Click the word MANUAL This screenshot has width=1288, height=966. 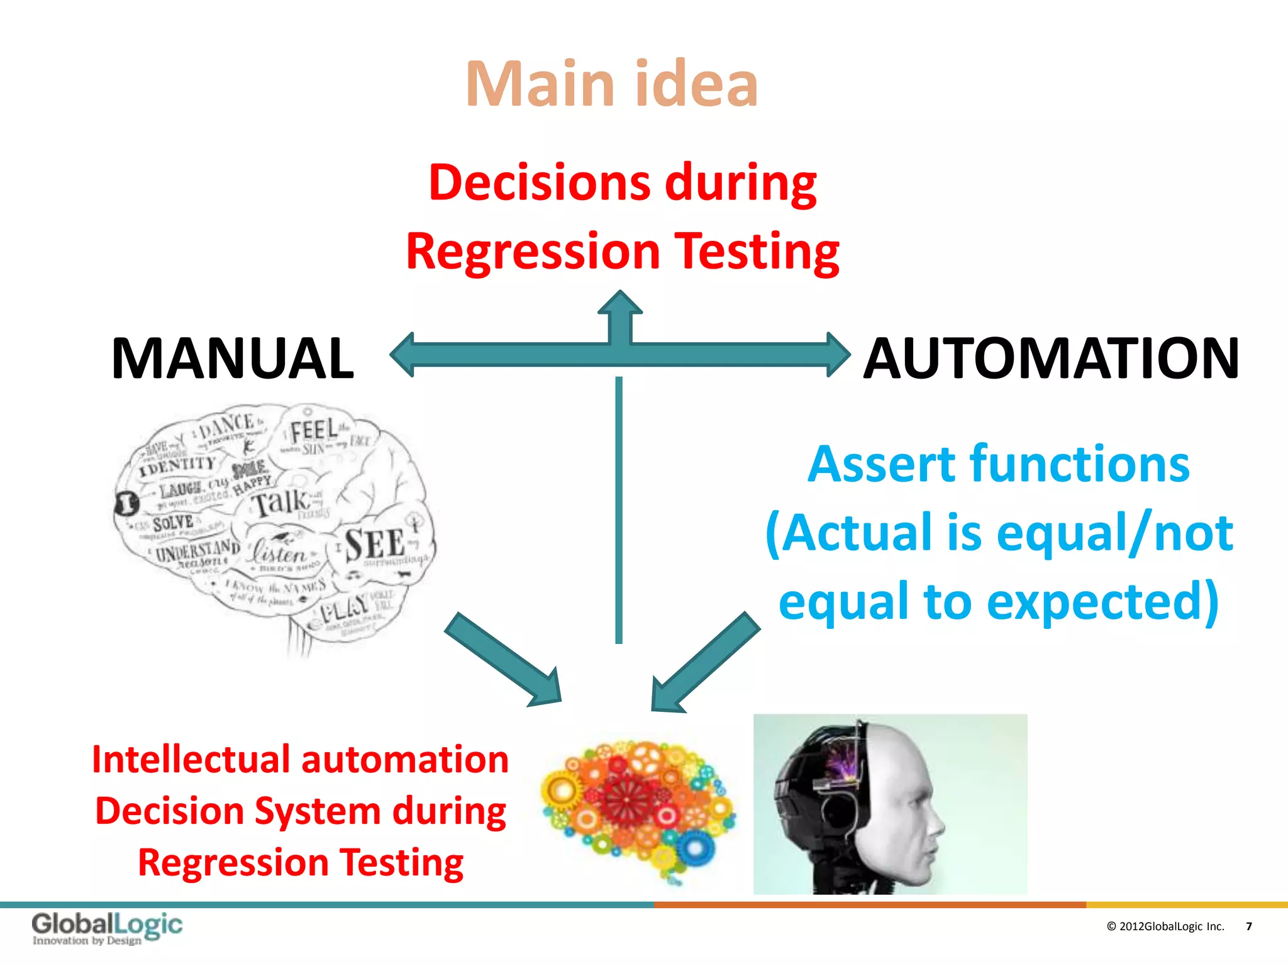coord(233,358)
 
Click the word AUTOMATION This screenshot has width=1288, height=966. coord(1051,358)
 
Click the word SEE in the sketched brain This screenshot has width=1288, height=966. coord(375,545)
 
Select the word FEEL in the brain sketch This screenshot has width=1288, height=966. coord(314,431)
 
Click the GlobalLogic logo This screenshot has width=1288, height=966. coord(107,928)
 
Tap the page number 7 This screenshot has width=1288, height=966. coord(1248,926)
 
